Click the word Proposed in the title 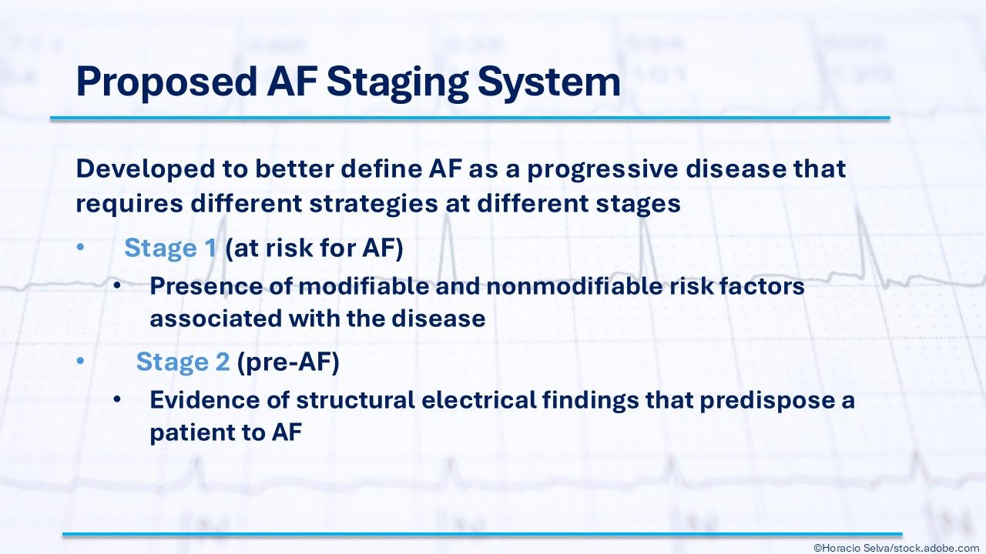[166, 82]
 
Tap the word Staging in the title [398, 82]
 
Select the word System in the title [549, 82]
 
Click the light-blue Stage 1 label [170, 249]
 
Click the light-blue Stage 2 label [183, 362]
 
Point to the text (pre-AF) [288, 362]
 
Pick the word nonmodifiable [575, 286]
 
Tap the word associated [216, 319]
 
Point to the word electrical [478, 400]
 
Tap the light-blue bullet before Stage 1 [80, 247]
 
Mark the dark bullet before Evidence [116, 399]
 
